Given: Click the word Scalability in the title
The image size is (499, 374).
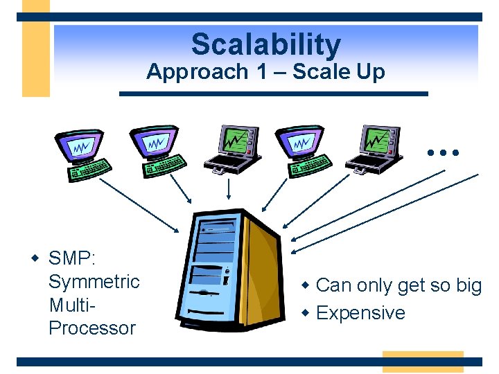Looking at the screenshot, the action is click(x=266, y=45).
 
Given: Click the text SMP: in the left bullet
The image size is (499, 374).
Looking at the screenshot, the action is click(x=72, y=259).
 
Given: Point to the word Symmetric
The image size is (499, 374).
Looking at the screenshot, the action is click(x=94, y=282).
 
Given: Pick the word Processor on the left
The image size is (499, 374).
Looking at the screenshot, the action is click(x=91, y=328).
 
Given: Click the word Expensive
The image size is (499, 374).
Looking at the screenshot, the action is click(x=360, y=313).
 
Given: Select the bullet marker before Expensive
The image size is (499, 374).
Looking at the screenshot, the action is click(x=306, y=313).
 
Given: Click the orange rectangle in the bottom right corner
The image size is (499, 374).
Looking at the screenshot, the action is click(x=422, y=362).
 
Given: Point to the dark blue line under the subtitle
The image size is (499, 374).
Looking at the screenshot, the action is click(x=274, y=93).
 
